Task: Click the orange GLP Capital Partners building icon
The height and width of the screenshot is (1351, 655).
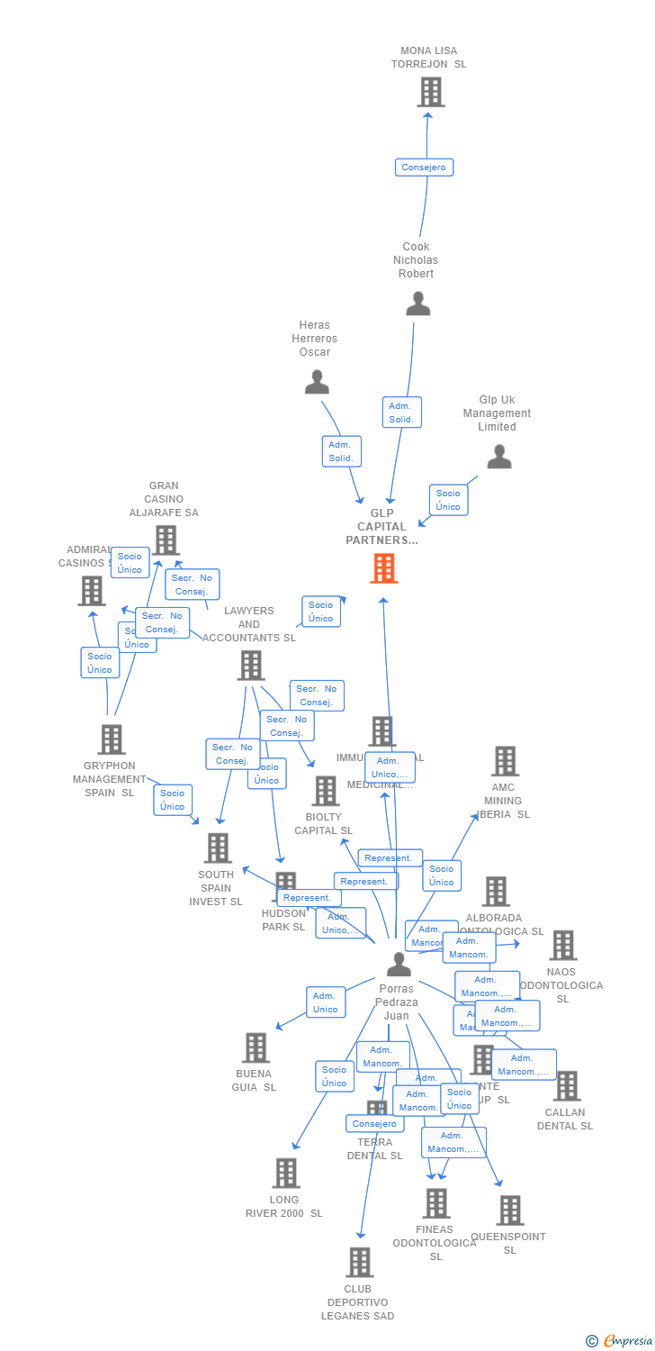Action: coord(384,568)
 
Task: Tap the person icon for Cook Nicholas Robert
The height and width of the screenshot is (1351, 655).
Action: coord(418,304)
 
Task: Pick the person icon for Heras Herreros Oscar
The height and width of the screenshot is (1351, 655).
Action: coord(317,383)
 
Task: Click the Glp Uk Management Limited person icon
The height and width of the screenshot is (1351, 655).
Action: coord(499,458)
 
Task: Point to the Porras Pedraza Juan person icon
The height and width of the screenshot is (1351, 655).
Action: coord(399,965)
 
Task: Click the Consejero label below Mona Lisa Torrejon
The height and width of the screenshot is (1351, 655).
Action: coord(424,168)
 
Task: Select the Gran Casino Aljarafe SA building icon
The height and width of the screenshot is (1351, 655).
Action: coord(166,539)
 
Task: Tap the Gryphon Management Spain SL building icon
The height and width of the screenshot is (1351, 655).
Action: coord(112,739)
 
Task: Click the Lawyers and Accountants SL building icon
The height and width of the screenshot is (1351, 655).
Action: coord(251,666)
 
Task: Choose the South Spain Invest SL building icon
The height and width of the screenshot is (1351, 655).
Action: coord(218,848)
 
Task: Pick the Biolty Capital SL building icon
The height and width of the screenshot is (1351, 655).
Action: coord(325,791)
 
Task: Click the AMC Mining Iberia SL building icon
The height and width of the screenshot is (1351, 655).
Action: coord(505,761)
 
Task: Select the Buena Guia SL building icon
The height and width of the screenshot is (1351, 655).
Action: coord(256,1047)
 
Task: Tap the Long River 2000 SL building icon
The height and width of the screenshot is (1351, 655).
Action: coord(287,1173)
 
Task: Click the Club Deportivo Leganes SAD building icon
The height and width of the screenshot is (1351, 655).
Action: coord(360,1262)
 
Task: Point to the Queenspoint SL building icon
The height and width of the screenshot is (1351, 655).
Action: coord(510,1210)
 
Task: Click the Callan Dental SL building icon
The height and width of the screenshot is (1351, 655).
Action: coord(567,1086)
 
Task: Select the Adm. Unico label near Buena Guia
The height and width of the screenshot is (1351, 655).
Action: coord(325,1002)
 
